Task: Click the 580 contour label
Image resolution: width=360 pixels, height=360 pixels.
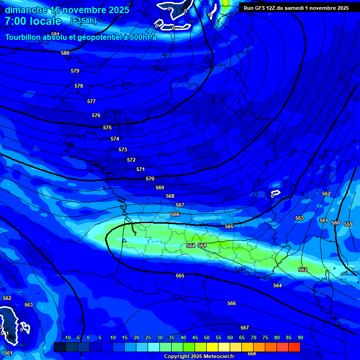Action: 65,53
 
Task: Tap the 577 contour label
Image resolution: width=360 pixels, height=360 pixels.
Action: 91,101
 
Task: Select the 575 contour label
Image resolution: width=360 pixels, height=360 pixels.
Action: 107,127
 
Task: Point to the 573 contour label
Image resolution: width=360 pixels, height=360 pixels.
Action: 123,150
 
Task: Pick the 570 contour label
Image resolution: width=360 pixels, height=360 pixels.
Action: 150,179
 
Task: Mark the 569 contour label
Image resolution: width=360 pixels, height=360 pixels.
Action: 160,187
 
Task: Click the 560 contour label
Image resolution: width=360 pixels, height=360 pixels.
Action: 336,223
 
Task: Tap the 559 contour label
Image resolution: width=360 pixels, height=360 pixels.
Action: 348,224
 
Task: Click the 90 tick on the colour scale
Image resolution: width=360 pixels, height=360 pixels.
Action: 300,337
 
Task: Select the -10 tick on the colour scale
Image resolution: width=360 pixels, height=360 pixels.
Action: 67,337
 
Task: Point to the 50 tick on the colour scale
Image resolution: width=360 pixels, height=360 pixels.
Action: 207,337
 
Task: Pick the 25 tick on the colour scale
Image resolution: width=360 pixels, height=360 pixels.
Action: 148,337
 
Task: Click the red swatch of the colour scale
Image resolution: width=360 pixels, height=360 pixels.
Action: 294,347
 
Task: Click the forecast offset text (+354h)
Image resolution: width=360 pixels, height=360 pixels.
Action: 83,21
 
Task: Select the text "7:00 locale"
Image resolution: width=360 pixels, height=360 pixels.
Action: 33,21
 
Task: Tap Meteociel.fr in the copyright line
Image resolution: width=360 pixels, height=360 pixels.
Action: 221,357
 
